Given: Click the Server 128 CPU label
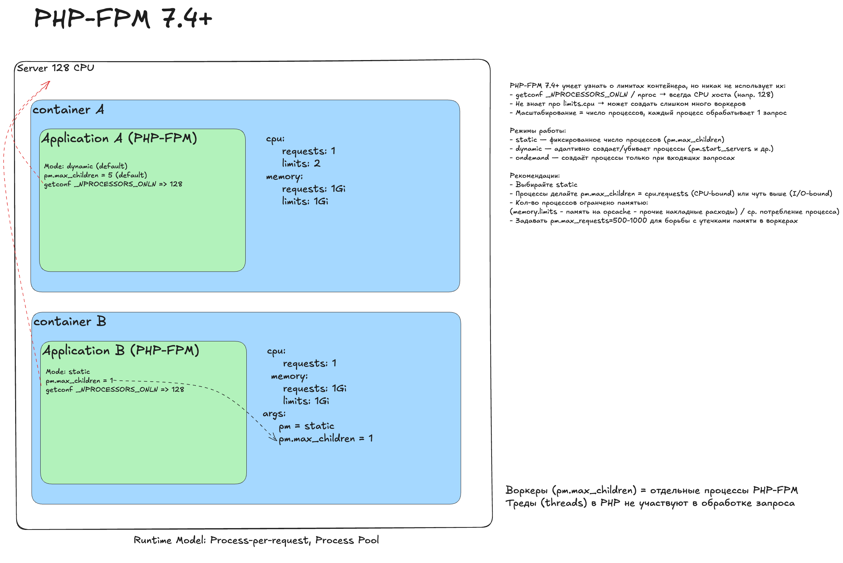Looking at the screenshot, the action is [55, 68].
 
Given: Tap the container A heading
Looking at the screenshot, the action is [68, 109].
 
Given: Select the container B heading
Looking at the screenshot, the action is [70, 321].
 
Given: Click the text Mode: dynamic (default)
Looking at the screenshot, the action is [86, 166].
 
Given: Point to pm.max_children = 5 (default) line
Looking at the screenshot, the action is [95, 175].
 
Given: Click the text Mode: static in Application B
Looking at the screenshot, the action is [68, 371].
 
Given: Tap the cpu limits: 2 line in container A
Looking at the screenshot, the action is [301, 164].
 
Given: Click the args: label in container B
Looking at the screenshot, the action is [274, 414].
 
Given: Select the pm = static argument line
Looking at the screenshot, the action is [306, 426].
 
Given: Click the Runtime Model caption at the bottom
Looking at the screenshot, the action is [256, 540].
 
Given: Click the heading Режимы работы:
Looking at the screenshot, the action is [538, 131].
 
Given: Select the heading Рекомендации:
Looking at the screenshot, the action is [535, 176].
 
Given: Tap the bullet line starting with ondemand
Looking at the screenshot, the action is [622, 158].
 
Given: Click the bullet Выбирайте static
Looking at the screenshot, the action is [543, 185].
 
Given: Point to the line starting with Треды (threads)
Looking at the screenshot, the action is [650, 503].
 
